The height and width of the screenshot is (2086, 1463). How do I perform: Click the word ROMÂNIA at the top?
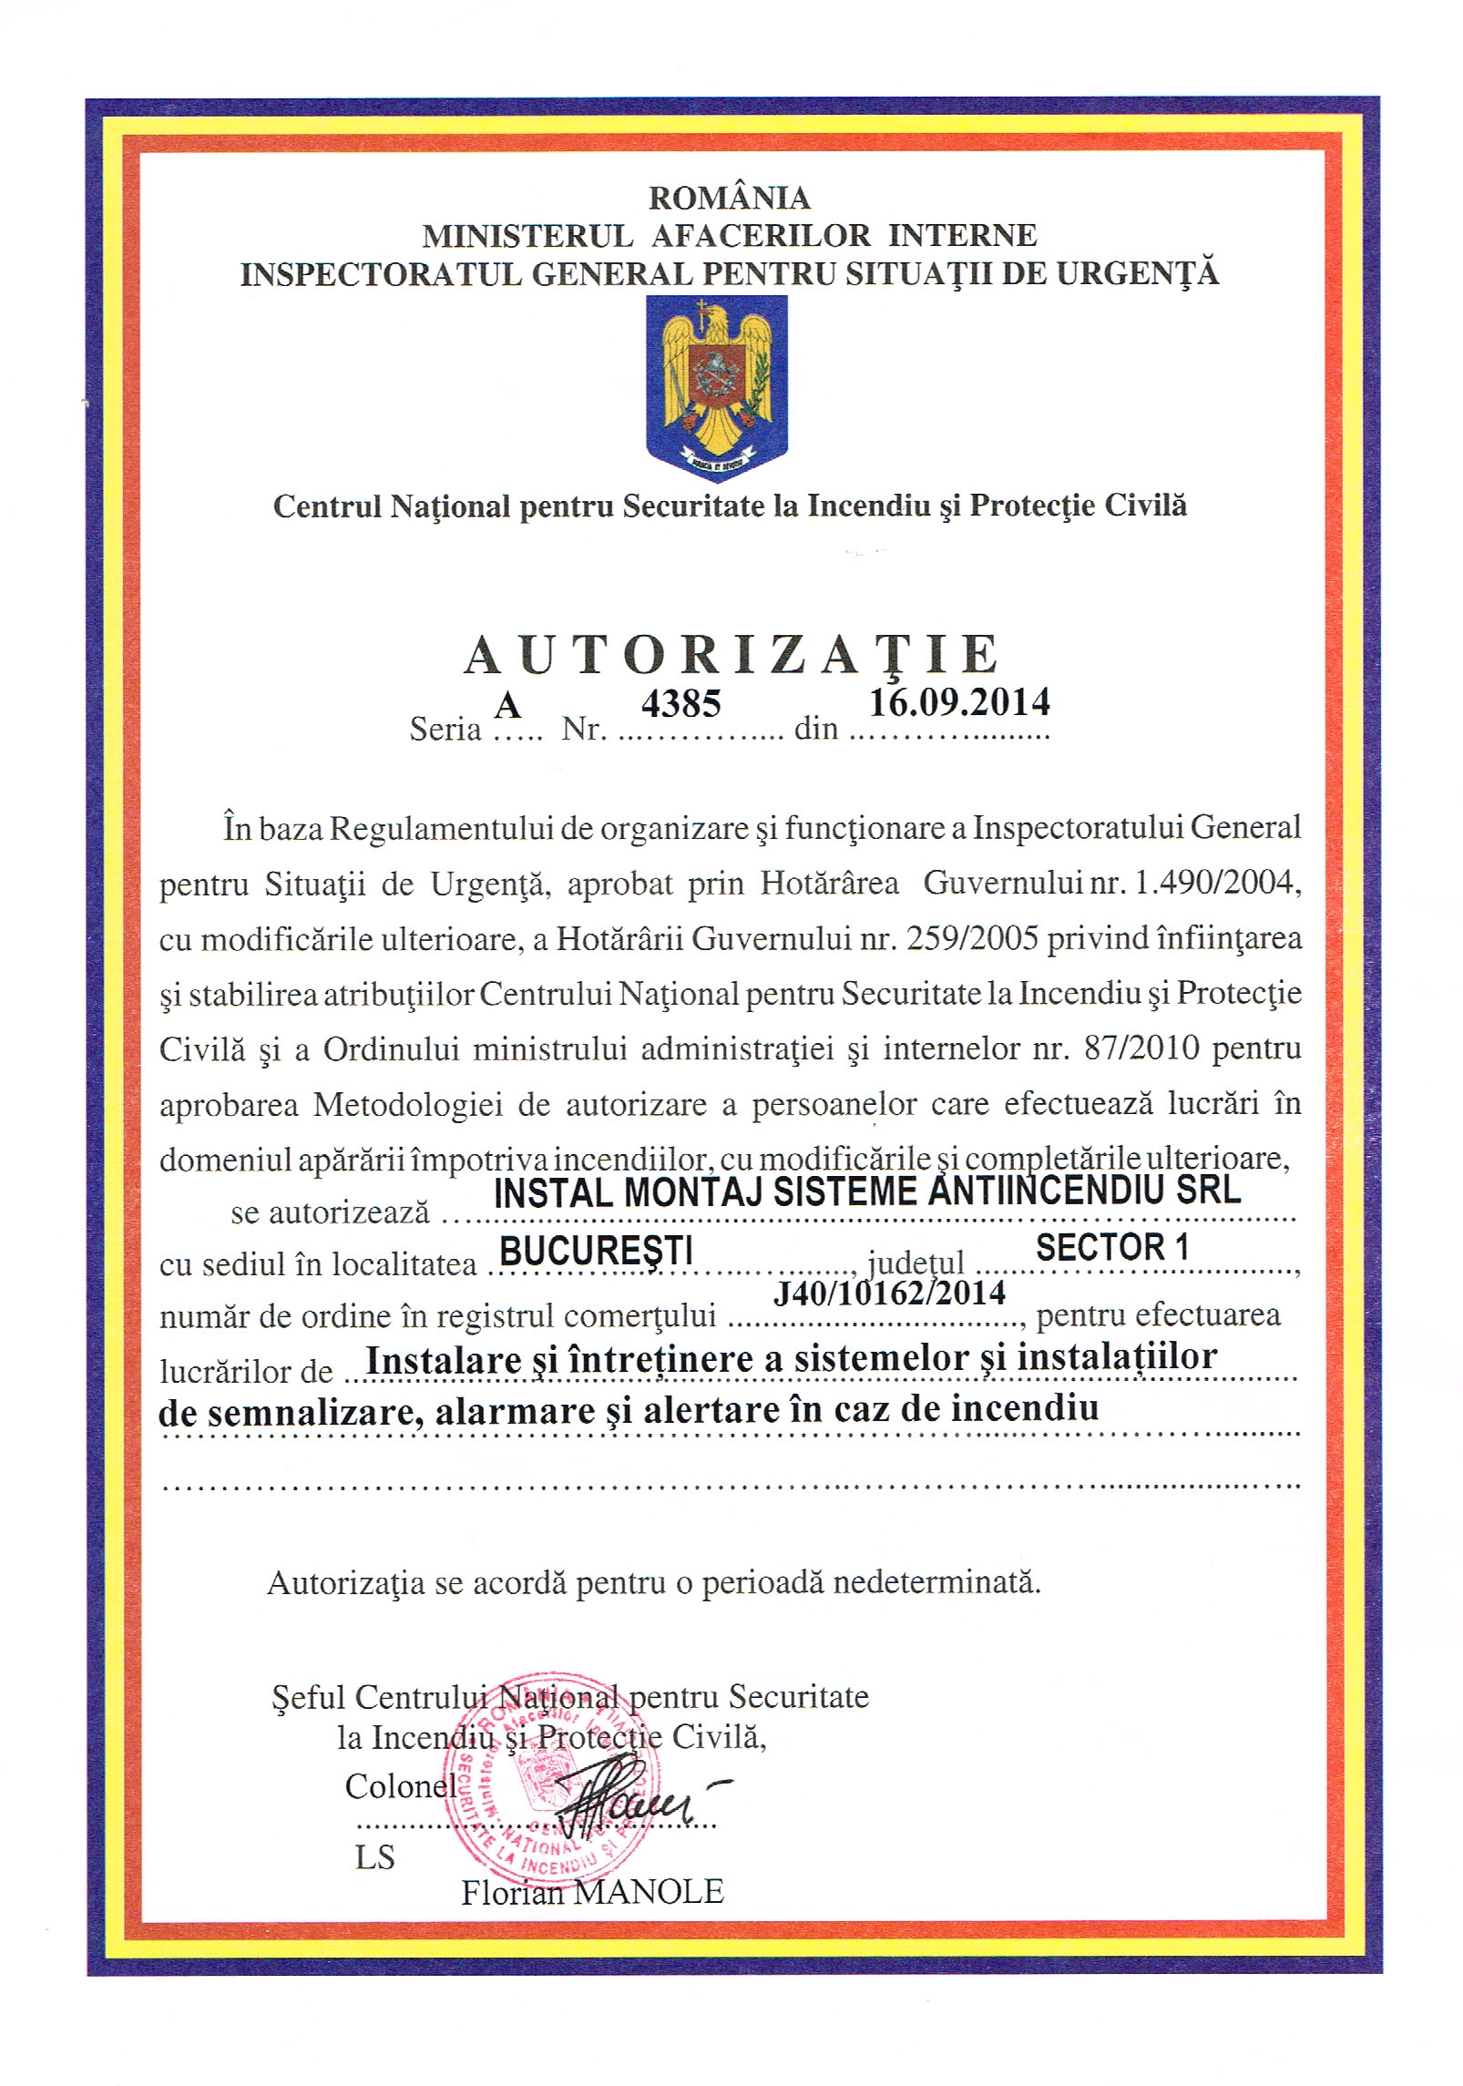(x=729, y=197)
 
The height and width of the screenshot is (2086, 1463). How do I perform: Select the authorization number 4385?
(x=680, y=703)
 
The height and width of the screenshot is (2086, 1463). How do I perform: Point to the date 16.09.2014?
(x=958, y=702)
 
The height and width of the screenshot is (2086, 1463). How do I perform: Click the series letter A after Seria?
(x=507, y=705)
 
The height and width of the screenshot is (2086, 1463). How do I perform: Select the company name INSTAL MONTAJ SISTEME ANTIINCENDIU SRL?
(x=866, y=1191)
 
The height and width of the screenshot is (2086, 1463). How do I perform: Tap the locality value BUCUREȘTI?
(x=596, y=1251)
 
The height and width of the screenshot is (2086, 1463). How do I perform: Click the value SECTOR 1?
(x=1112, y=1247)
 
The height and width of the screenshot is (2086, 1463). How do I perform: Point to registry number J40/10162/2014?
(x=889, y=1293)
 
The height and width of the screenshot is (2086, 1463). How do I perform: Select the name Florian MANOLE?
(x=592, y=1892)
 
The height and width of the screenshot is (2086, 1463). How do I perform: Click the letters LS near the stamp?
(x=374, y=1857)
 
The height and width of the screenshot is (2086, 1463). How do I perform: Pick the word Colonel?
(x=400, y=1786)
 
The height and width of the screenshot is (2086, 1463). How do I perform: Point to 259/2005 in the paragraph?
(x=972, y=938)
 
